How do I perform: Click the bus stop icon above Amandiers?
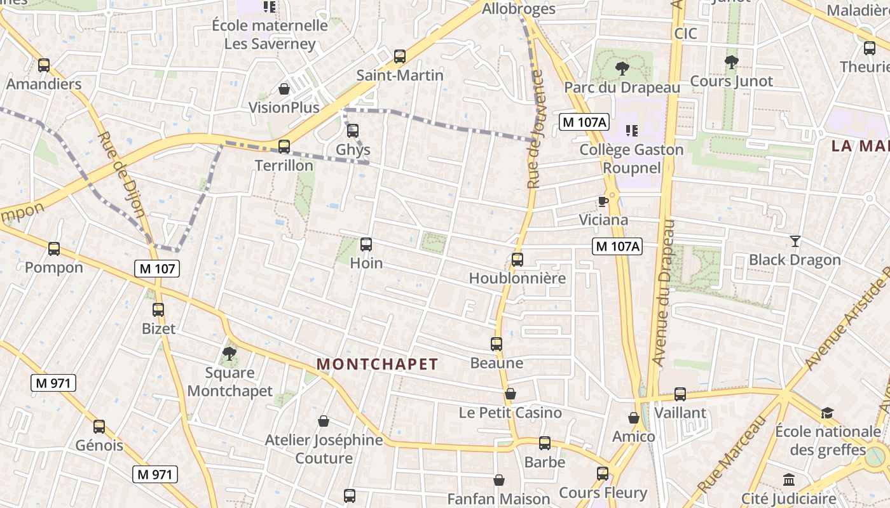[44, 65]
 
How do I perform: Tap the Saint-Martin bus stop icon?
[400, 56]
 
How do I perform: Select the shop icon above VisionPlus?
[284, 88]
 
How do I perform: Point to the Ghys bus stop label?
[353, 150]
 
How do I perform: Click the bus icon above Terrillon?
[284, 147]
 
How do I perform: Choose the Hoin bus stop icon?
[366, 244]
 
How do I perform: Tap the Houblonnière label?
[517, 278]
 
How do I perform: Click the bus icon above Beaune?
[496, 344]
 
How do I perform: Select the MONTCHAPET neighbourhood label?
[378, 364]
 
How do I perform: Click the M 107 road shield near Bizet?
[157, 269]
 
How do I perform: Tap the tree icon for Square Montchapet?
[229, 353]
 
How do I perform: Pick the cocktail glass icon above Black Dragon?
[795, 241]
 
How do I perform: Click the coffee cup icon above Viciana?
[603, 201]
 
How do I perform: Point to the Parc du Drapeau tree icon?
[622, 68]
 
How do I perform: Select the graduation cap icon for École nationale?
[827, 413]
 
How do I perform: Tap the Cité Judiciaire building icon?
[789, 479]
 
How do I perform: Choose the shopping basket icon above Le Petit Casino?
[510, 394]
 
